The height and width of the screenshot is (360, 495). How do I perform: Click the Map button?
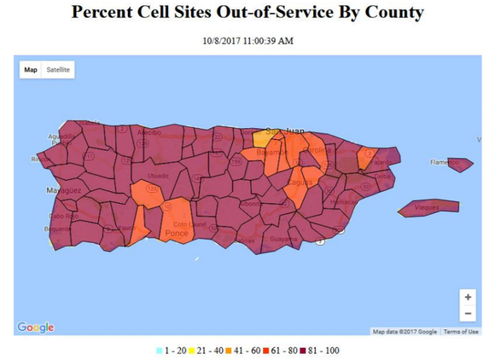[x=31, y=69]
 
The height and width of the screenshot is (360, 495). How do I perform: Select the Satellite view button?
[x=59, y=69]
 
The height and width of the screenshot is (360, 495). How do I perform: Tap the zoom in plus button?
[x=468, y=297]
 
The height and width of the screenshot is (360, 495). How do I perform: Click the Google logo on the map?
[x=35, y=328]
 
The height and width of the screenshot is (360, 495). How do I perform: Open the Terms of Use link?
[x=461, y=332]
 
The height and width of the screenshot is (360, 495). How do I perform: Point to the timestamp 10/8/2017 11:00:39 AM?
[x=247, y=40]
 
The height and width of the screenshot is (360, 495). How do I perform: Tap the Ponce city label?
[x=177, y=232]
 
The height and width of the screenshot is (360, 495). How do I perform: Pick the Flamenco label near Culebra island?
[x=445, y=162]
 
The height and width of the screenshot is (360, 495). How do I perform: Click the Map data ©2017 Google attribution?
[x=405, y=332]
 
